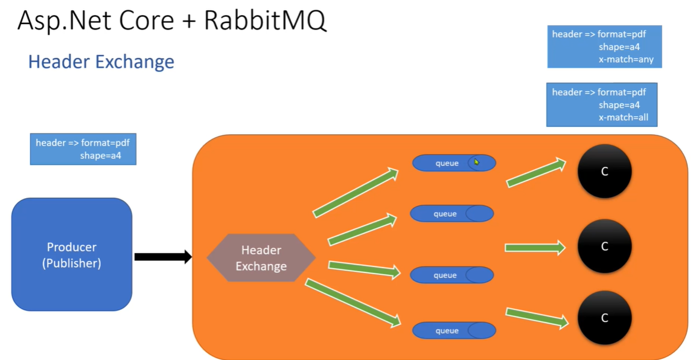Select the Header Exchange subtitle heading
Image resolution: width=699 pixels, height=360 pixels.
point(101,62)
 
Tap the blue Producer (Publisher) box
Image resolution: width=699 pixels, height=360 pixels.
point(72,254)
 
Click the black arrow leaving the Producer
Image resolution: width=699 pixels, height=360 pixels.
point(162,257)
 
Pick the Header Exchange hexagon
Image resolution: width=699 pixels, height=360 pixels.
point(261,258)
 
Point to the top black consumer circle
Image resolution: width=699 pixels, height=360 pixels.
point(604,172)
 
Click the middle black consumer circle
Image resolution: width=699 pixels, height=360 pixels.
point(604,246)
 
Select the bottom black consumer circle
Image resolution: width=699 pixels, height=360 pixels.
point(604,318)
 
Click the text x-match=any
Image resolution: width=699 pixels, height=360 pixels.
point(627,60)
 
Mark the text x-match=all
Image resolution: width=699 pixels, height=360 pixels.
point(624,117)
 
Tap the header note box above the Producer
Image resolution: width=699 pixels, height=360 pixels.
point(83,149)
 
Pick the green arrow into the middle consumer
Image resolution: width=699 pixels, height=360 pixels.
point(535,247)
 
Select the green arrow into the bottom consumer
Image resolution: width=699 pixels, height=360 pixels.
point(537,318)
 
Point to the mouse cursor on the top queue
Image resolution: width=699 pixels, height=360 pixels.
point(476,162)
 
